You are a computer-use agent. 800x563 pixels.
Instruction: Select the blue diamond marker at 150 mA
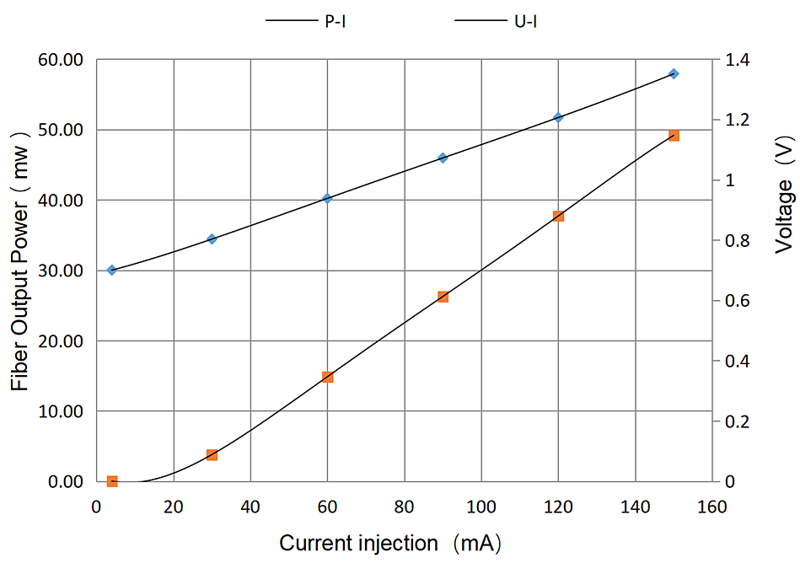(x=674, y=74)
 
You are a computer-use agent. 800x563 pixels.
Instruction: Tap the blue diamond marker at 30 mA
(x=212, y=239)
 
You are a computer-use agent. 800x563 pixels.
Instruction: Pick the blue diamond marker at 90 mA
(x=443, y=158)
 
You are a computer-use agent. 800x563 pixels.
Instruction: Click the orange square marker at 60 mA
(x=327, y=377)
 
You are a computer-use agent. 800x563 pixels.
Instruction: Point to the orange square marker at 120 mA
(x=558, y=217)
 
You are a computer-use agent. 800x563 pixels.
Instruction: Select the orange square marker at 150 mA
(x=674, y=136)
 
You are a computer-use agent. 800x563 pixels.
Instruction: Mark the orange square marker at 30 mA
(x=212, y=455)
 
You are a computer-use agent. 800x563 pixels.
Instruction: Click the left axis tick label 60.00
(x=60, y=61)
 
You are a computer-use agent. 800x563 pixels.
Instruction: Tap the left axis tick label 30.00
(x=60, y=271)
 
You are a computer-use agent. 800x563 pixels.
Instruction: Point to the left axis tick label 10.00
(x=60, y=411)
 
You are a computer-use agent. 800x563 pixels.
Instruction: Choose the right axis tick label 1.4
(x=736, y=61)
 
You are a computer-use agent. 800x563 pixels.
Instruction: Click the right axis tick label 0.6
(x=736, y=301)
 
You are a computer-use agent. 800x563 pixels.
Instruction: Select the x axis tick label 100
(x=481, y=507)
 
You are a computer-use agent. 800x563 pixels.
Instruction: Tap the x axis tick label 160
(x=712, y=507)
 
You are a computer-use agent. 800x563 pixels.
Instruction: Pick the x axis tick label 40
(x=250, y=507)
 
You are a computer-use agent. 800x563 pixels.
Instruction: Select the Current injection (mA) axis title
(x=389, y=544)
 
